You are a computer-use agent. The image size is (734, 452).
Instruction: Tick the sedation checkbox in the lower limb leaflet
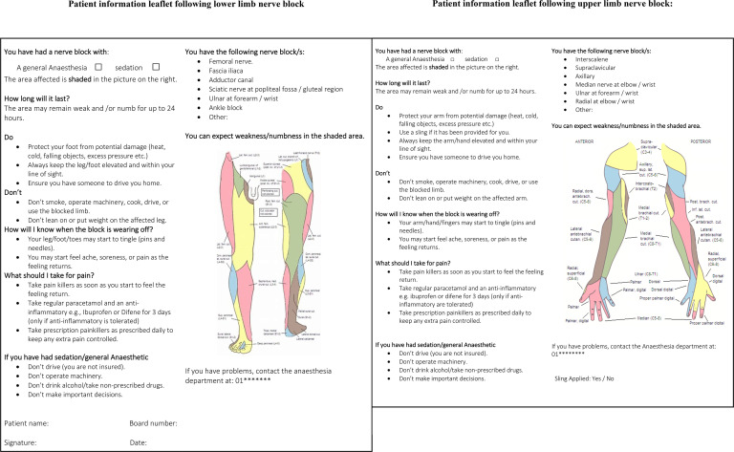coord(155,66)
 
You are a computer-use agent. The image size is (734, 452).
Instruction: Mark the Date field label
coord(139,442)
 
